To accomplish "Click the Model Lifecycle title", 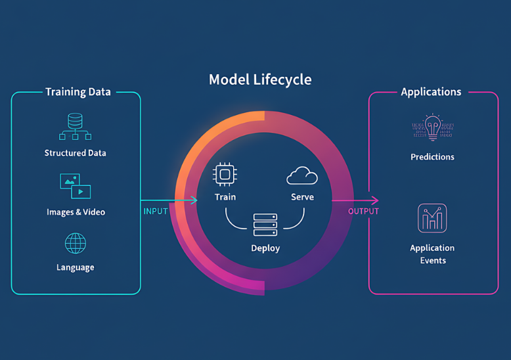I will (260, 80).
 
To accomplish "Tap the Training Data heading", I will (78, 92).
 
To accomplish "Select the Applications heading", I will (431, 92).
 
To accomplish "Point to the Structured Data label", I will (75, 153).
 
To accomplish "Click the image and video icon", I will (75, 186).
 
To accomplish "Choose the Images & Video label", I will (76, 212).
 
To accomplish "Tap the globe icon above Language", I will (75, 243).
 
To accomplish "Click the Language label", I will (75, 267).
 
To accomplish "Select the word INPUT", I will (156, 212).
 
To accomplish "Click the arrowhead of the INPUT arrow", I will (194, 200).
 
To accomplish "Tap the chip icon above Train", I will (224, 174).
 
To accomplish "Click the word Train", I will (225, 197).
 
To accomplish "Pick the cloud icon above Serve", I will (302, 175).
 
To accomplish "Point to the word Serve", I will (302, 197).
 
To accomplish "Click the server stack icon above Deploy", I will (265, 225).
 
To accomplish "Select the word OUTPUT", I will (363, 212).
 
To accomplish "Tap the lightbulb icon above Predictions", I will (432, 127).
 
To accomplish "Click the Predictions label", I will (432, 157).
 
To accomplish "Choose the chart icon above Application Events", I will (432, 218).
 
